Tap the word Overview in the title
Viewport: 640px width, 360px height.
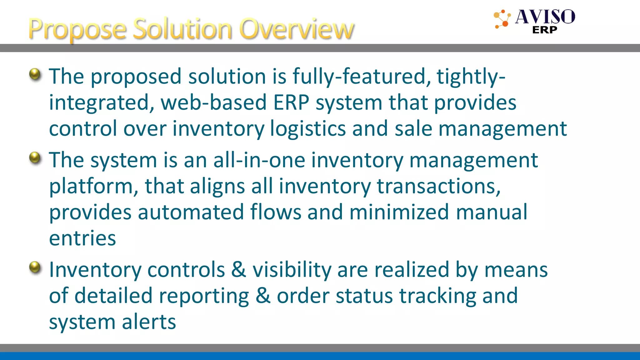click(297, 29)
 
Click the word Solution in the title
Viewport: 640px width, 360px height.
click(182, 29)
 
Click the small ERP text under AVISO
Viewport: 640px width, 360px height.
click(545, 30)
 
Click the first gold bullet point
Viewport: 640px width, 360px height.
click(35, 74)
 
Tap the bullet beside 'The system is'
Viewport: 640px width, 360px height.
click(35, 157)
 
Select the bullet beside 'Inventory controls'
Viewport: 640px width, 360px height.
click(35, 267)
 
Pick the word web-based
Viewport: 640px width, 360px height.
click(213, 102)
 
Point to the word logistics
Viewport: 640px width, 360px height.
click(308, 129)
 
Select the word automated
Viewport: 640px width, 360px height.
click(191, 212)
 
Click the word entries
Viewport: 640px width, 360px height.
click(82, 238)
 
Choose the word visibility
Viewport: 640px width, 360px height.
click(292, 270)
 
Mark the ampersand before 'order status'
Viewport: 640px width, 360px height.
click(263, 296)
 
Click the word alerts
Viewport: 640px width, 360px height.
click(149, 322)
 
